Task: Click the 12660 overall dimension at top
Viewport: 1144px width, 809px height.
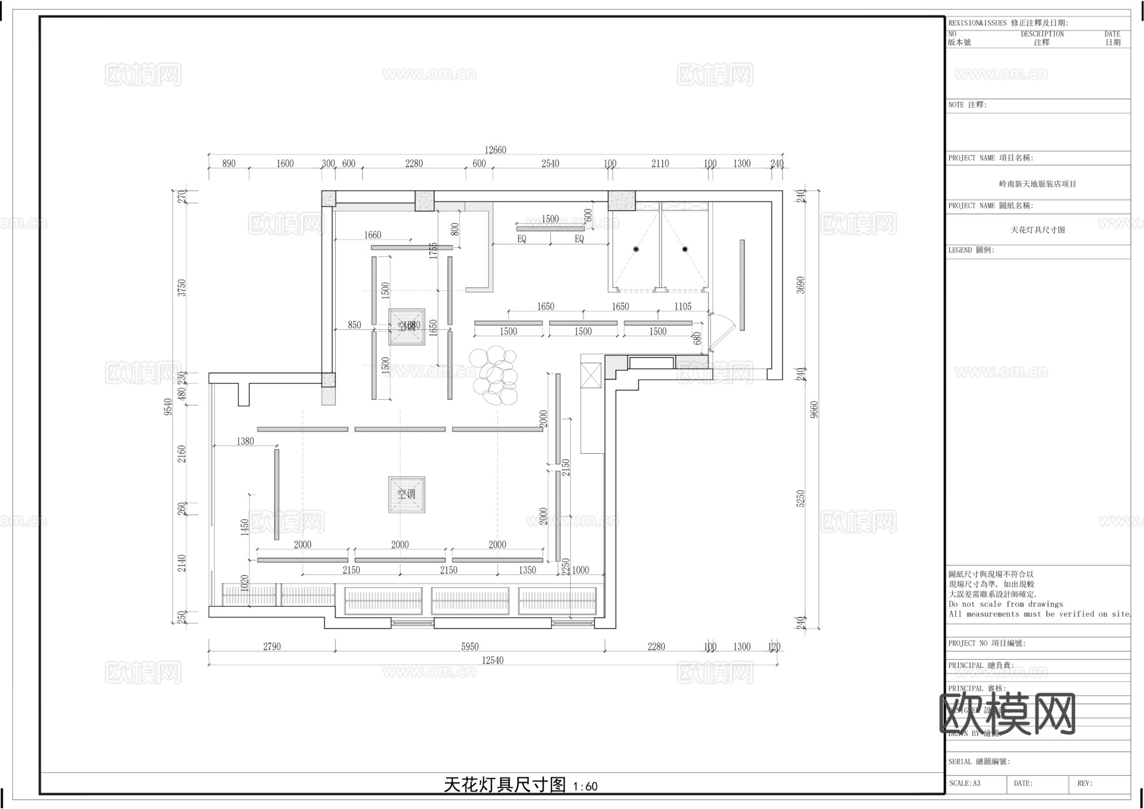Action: pyautogui.click(x=495, y=150)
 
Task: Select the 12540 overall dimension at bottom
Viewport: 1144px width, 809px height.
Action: pyautogui.click(x=492, y=660)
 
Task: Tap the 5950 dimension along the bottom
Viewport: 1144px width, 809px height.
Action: pyautogui.click(x=470, y=646)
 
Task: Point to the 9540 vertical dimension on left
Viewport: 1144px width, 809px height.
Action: pyautogui.click(x=168, y=407)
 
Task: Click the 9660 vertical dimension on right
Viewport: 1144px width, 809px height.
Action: pyautogui.click(x=815, y=409)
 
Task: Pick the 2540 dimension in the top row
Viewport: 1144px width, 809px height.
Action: pyautogui.click(x=550, y=163)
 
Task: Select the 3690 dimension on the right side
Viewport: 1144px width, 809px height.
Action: pyautogui.click(x=801, y=285)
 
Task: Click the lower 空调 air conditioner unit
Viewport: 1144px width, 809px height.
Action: pyautogui.click(x=407, y=494)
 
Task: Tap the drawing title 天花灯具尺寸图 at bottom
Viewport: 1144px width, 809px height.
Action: pyautogui.click(x=505, y=785)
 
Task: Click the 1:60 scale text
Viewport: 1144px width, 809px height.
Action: pyautogui.click(x=585, y=787)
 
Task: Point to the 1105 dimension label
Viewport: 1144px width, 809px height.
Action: pyautogui.click(x=683, y=306)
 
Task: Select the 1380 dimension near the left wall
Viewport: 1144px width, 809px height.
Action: pyautogui.click(x=245, y=441)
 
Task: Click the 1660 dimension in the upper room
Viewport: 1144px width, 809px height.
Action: pyautogui.click(x=372, y=235)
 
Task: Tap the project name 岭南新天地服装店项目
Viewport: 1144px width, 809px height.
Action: pyautogui.click(x=1037, y=184)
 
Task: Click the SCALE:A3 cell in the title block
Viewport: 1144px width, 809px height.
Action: pyautogui.click(x=965, y=784)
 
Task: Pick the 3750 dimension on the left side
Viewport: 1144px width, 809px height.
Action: pyautogui.click(x=182, y=289)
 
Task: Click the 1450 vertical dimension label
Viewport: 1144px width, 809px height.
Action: pyautogui.click(x=245, y=527)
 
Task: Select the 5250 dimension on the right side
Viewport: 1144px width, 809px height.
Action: pyautogui.click(x=801, y=498)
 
